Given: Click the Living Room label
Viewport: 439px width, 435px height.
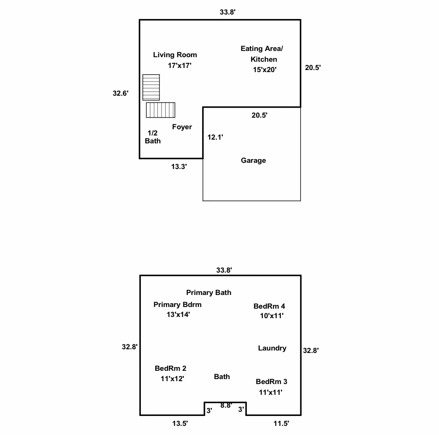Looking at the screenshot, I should coord(175,55).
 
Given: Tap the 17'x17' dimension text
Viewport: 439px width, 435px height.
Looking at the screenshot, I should coord(179,65).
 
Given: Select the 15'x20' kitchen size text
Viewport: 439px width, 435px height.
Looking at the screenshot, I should coord(265,70).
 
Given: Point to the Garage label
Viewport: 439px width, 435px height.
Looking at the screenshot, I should coord(253,160).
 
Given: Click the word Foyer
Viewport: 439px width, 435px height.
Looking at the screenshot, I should coord(182,127).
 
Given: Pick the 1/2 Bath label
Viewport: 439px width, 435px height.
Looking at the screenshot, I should coord(153,137).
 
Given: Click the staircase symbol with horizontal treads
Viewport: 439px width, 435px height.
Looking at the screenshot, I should coord(151,87).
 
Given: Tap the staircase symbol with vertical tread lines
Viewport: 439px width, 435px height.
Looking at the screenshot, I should coord(161,110).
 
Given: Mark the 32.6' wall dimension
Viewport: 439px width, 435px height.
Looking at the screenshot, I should coord(121,94).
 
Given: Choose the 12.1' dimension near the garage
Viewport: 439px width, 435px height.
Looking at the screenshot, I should coord(215,137).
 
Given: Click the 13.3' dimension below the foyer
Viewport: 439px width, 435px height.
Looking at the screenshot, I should coord(179,167).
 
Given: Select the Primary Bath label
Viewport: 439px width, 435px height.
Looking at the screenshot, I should coord(208,292).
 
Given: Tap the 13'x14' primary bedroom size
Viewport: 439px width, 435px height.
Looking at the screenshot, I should coord(178,314).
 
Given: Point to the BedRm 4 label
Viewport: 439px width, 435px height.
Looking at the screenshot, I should coord(269,306).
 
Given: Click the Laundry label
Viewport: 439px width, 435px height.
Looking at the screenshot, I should coord(272,348).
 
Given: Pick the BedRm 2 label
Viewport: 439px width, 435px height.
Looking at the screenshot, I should coord(170,368).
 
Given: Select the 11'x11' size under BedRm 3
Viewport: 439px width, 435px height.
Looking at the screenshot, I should coord(270,392).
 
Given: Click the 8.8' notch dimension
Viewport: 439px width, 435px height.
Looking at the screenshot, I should coord(226,406).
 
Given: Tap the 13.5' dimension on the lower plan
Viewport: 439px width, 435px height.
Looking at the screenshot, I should coord(180,423).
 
